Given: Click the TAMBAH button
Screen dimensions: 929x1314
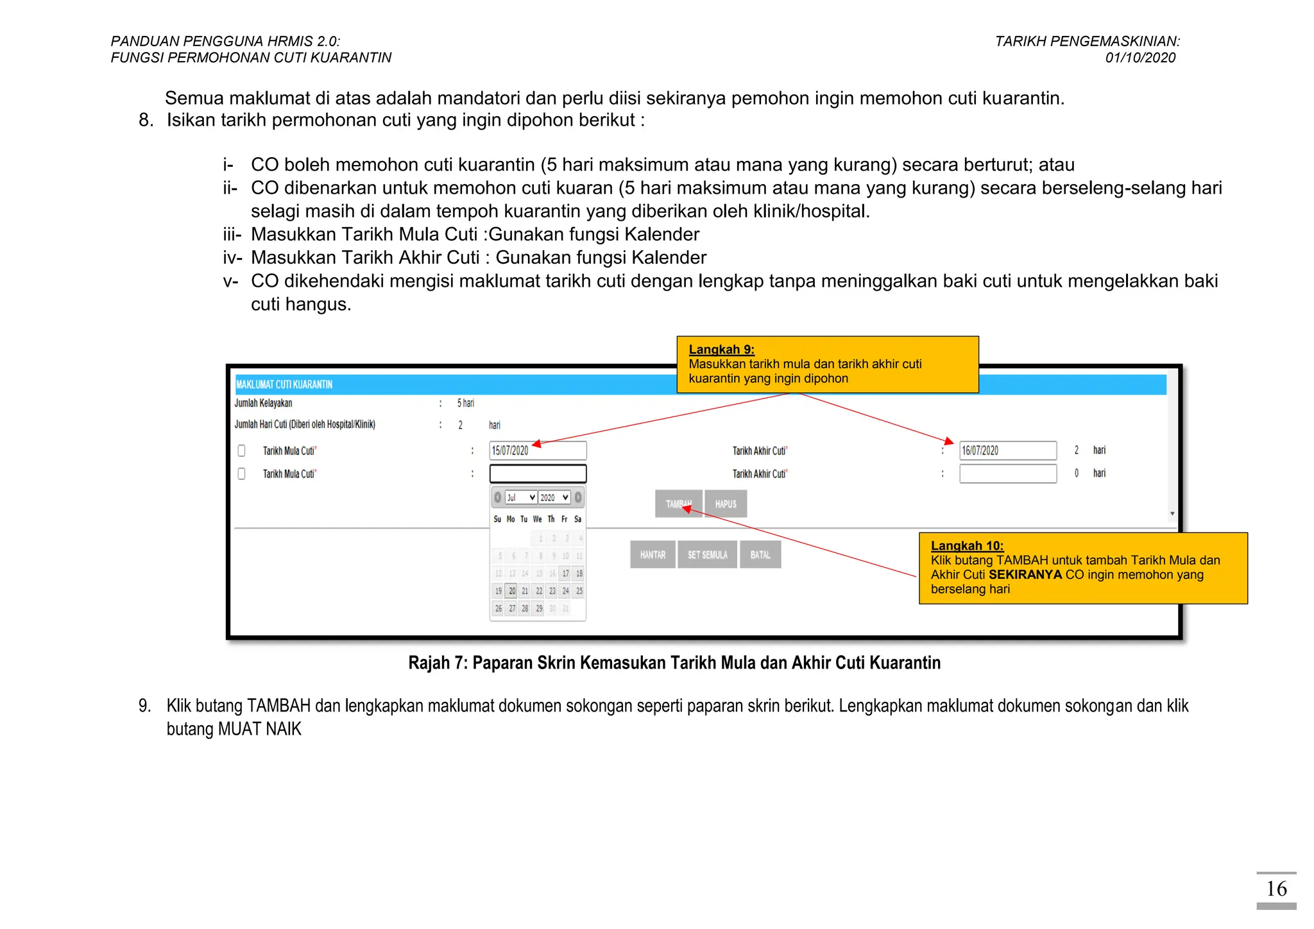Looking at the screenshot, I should click(x=678, y=504).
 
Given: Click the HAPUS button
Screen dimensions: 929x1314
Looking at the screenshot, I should click(x=726, y=504).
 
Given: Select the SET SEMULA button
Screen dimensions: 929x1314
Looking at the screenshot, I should click(x=708, y=555).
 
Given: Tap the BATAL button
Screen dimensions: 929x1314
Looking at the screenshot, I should click(x=760, y=555).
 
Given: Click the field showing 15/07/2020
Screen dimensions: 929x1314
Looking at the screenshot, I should click(x=538, y=450).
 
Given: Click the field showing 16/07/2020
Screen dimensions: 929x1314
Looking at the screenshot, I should click(x=1007, y=450).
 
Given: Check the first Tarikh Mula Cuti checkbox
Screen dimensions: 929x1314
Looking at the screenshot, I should click(x=242, y=450).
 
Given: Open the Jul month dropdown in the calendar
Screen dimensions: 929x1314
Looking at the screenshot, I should click(x=520, y=497).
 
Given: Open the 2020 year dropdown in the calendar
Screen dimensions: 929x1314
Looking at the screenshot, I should click(x=554, y=497).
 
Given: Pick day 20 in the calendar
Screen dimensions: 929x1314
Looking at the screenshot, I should click(x=512, y=591).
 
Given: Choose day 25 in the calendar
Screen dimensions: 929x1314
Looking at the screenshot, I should click(x=579, y=591).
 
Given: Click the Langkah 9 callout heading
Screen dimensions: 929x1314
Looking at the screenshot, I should click(x=721, y=350).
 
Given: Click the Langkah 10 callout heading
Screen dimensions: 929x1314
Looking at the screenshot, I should click(x=967, y=546).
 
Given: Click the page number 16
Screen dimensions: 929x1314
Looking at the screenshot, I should click(x=1276, y=889).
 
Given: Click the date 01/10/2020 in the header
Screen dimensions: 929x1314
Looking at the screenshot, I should click(x=1140, y=58).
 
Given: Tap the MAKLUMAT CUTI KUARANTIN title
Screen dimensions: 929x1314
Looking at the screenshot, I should click(x=284, y=384).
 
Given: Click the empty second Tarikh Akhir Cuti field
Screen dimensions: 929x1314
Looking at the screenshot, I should click(x=1007, y=473).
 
